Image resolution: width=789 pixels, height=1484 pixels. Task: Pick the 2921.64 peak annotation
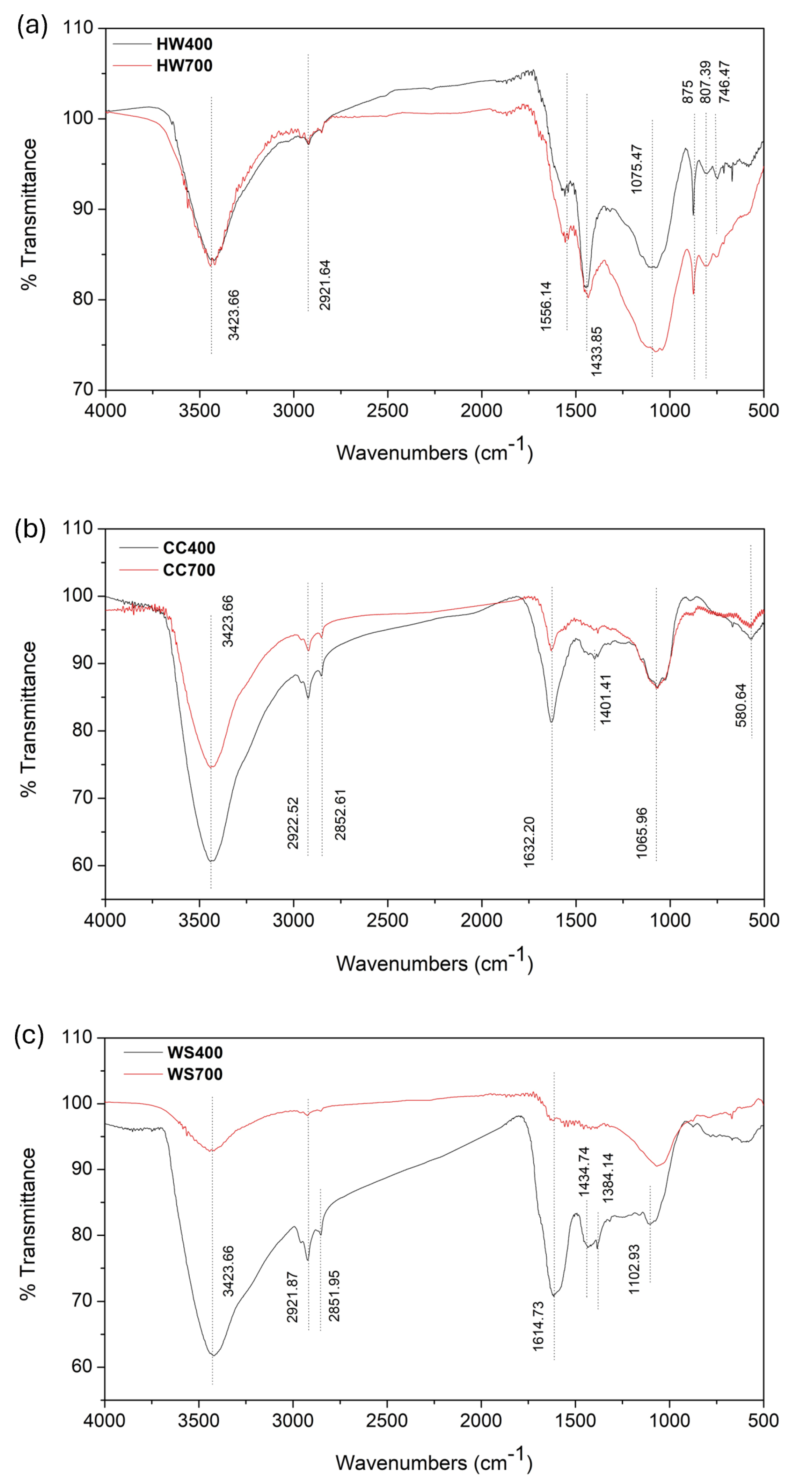[x=325, y=285]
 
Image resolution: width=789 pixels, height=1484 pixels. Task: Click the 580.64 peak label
[x=740, y=705]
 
